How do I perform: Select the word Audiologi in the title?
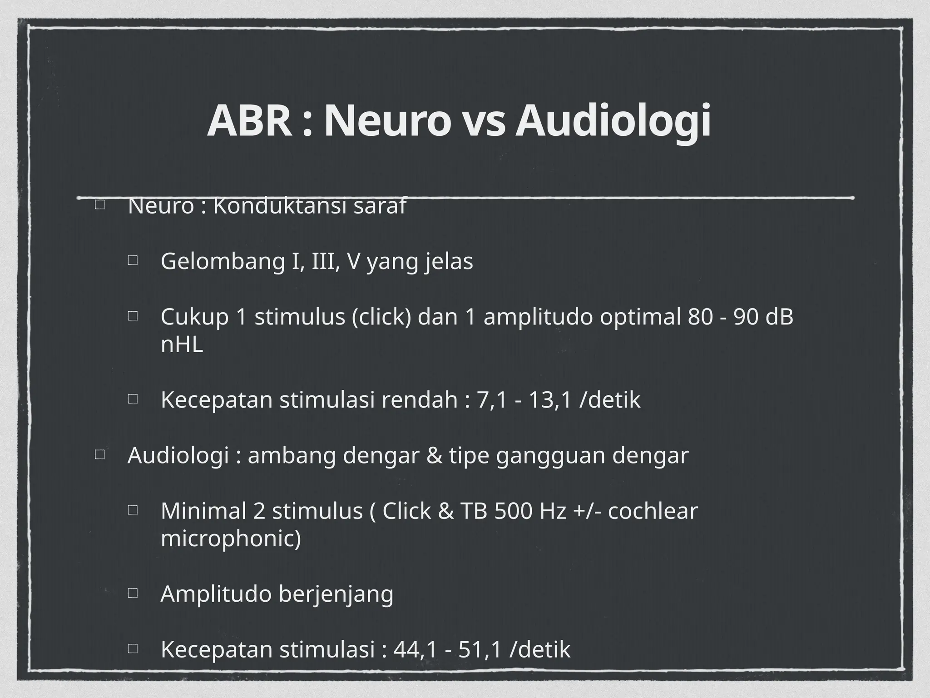[x=613, y=121]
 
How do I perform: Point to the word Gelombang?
[x=222, y=262]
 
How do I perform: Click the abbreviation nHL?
[x=182, y=344]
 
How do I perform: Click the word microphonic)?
[x=231, y=539]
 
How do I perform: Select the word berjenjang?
[x=336, y=594]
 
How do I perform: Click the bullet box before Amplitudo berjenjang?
[x=133, y=593]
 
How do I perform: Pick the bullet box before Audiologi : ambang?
[x=99, y=454]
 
